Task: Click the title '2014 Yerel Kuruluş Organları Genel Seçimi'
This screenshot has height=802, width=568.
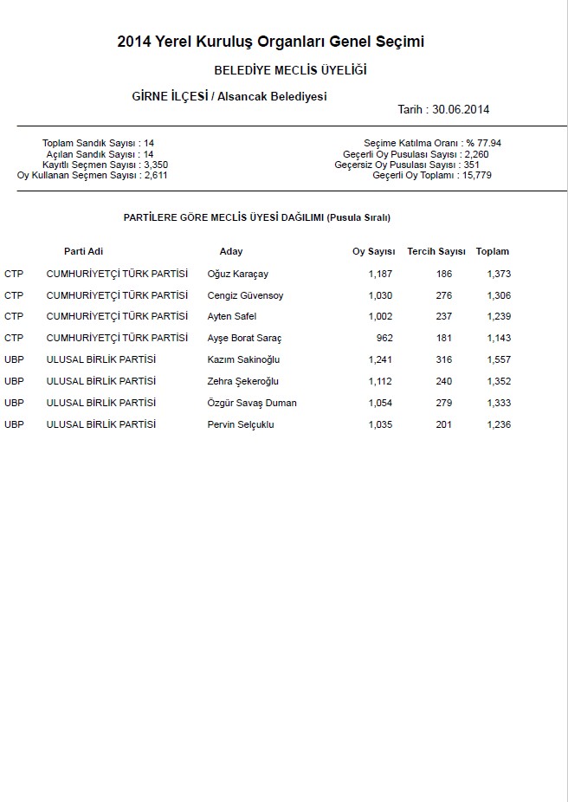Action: [x=271, y=42]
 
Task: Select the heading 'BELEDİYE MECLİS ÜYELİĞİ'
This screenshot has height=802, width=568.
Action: [x=290, y=70]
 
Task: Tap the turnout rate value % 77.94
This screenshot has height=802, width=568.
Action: [x=484, y=142]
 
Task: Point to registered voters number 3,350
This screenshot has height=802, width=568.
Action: [x=155, y=164]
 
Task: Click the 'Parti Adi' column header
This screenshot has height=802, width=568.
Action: [x=83, y=251]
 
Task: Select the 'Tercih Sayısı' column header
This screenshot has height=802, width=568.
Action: [x=436, y=251]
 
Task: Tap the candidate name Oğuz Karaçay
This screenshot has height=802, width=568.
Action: [x=238, y=274]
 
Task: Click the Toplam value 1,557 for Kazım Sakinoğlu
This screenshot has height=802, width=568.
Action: [x=499, y=359]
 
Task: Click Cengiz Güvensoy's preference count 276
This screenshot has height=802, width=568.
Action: [x=444, y=295]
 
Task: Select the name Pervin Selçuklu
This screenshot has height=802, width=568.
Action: [x=241, y=424]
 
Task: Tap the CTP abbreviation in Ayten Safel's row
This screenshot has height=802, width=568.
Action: [x=14, y=316]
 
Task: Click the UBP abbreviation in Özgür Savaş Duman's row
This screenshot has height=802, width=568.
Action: [x=14, y=402]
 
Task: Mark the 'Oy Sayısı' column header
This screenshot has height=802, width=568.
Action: [x=373, y=251]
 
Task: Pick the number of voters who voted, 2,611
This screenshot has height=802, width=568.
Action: [x=155, y=175]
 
